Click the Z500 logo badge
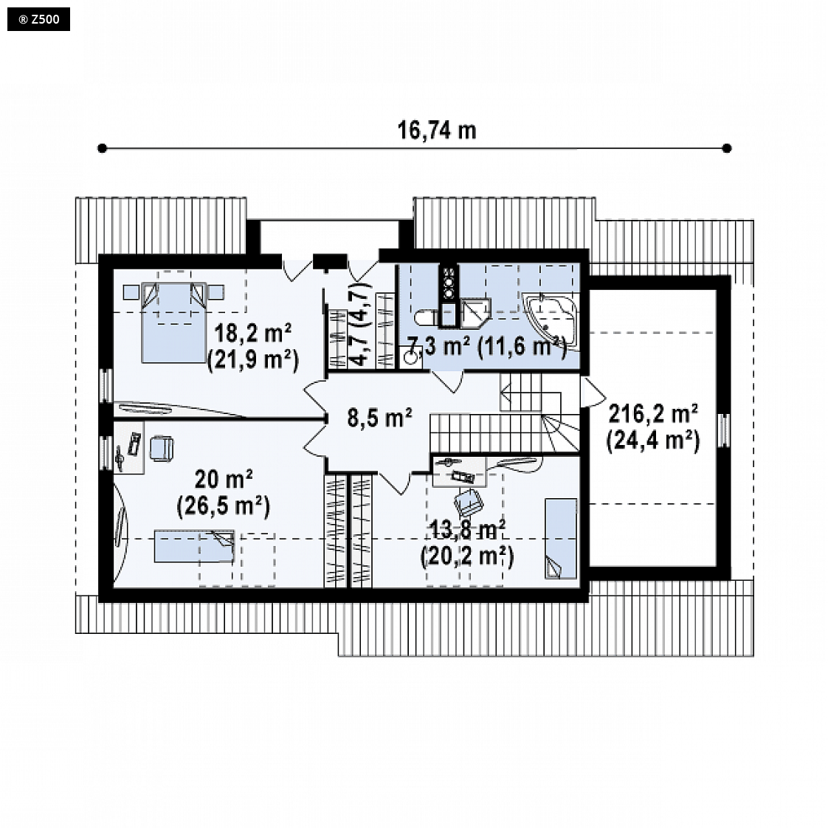pyautogui.click(x=38, y=19)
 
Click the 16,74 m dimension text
pyautogui.click(x=437, y=131)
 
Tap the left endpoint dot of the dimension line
pyautogui.click(x=103, y=148)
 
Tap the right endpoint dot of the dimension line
pyautogui.click(x=727, y=148)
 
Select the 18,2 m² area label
pyautogui.click(x=253, y=334)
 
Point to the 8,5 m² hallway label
pyautogui.click(x=379, y=418)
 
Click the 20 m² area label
pyautogui.click(x=224, y=480)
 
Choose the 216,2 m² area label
pyautogui.click(x=653, y=413)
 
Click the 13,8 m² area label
pyautogui.click(x=467, y=530)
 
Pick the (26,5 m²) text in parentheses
pyautogui.click(x=224, y=506)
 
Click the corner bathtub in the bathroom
pyautogui.click(x=550, y=320)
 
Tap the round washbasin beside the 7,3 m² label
pyautogui.click(x=410, y=357)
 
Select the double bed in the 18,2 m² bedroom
pyautogui.click(x=173, y=322)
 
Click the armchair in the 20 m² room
pyautogui.click(x=162, y=449)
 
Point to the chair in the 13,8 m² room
pyautogui.click(x=469, y=502)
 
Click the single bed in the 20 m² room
pyautogui.click(x=194, y=547)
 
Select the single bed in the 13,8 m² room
pyautogui.click(x=561, y=539)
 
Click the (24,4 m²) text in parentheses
pyautogui.click(x=653, y=440)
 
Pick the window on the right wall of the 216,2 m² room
pyautogui.click(x=724, y=430)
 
